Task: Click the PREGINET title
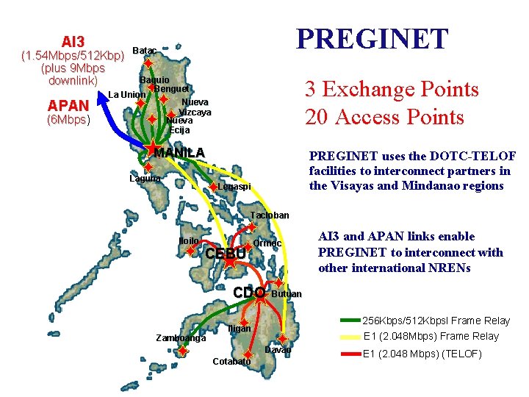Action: pyautogui.click(x=371, y=39)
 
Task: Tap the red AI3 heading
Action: pyautogui.click(x=73, y=40)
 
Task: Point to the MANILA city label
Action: pyautogui.click(x=179, y=153)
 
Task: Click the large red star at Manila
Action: pyautogui.click(x=152, y=149)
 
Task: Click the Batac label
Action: pyautogui.click(x=144, y=50)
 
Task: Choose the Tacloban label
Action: pyautogui.click(x=270, y=215)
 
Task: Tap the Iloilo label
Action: pyautogui.click(x=190, y=241)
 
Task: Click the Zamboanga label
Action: pyautogui.click(x=181, y=338)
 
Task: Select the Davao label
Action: pyautogui.click(x=278, y=350)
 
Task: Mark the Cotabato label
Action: pyautogui.click(x=231, y=362)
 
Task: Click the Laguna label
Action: pyautogui.click(x=144, y=179)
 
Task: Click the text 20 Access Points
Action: pyautogui.click(x=385, y=117)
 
